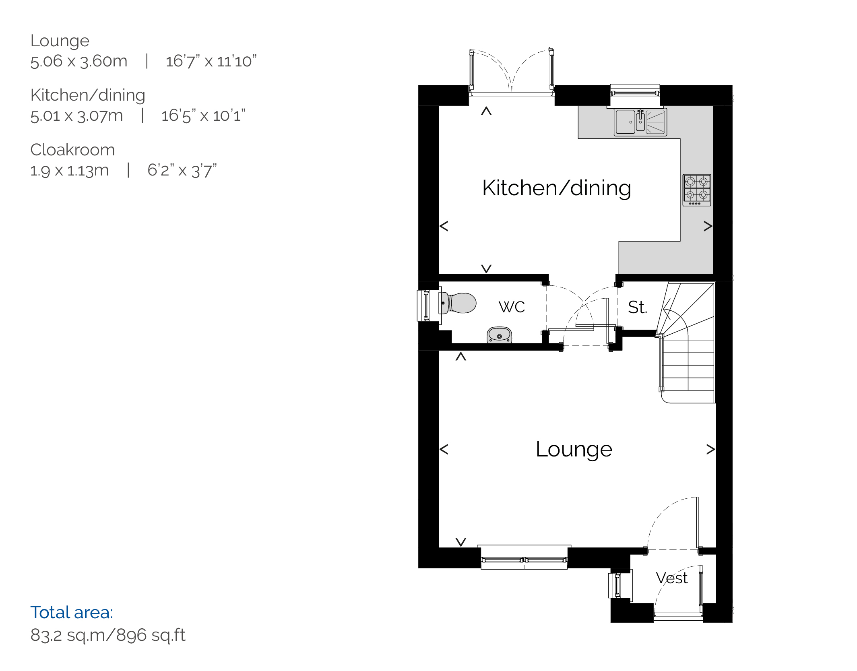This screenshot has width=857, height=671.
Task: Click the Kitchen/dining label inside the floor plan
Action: click(x=556, y=188)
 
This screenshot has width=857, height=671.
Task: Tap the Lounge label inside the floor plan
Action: click(x=574, y=449)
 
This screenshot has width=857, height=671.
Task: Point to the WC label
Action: click(x=512, y=307)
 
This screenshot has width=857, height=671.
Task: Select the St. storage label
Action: click(x=637, y=307)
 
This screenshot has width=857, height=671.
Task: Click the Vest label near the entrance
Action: click(x=671, y=578)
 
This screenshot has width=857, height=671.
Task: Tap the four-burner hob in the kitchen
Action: click(x=697, y=190)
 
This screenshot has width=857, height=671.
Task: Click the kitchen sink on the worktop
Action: click(x=640, y=122)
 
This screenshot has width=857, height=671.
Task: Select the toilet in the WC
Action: click(x=458, y=303)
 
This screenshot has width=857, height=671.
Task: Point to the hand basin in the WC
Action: click(x=499, y=335)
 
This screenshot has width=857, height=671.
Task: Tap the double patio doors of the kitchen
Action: click(x=512, y=72)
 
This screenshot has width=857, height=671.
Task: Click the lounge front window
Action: click(x=524, y=557)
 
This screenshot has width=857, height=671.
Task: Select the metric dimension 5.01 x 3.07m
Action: click(x=76, y=116)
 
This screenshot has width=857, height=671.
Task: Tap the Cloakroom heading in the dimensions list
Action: click(x=72, y=150)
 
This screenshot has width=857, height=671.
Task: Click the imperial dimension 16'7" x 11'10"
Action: click(x=211, y=61)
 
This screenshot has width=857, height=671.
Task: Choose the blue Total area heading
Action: click(x=72, y=613)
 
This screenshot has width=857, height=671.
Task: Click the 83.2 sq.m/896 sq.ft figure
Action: click(x=108, y=635)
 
